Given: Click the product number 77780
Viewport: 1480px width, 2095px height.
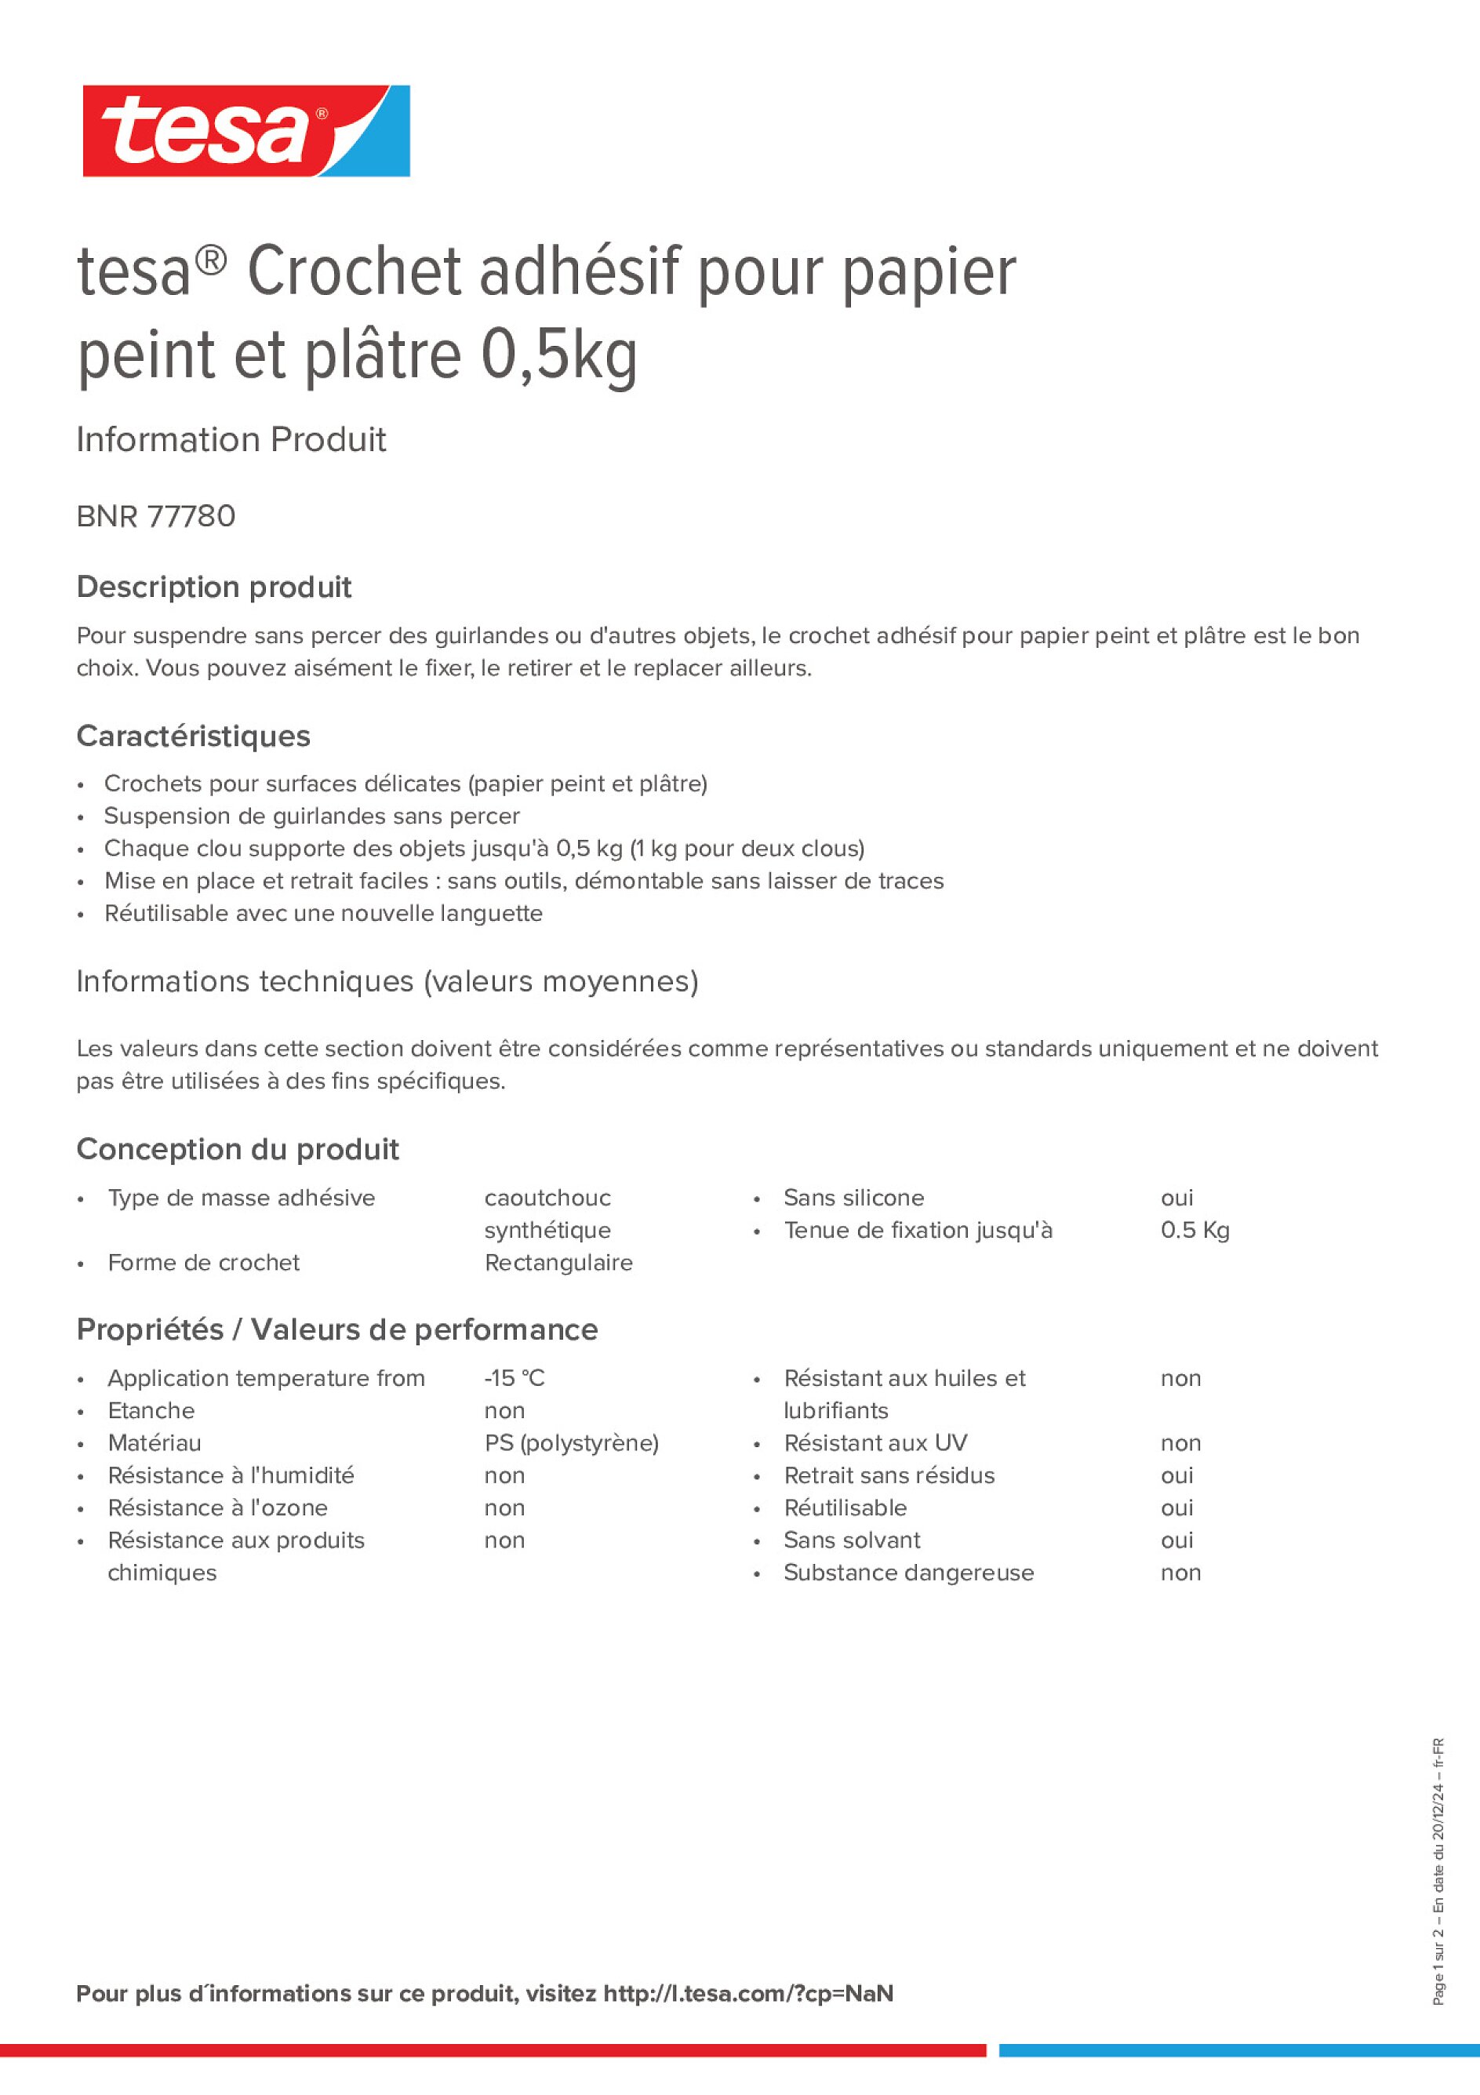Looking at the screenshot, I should (191, 516).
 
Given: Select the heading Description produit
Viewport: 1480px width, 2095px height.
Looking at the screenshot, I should (213, 587).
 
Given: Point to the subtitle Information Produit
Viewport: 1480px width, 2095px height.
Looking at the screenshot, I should (231, 440).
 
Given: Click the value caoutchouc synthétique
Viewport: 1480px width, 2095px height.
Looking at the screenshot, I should (547, 1213).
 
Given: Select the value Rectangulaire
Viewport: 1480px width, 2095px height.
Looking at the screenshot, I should (558, 1262).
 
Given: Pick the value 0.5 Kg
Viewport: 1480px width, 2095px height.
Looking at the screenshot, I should (1195, 1230).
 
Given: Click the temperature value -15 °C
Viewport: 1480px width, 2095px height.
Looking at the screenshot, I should (514, 1378).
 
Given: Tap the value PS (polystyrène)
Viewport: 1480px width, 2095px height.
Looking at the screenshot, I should (571, 1442).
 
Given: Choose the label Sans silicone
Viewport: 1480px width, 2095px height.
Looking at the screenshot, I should (853, 1197).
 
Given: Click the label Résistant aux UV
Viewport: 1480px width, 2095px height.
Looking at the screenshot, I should (875, 1442).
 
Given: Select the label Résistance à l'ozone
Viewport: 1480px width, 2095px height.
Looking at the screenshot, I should (217, 1508).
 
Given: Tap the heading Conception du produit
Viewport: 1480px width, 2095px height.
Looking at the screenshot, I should (237, 1149).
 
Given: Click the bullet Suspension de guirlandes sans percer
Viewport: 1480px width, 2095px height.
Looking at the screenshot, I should (311, 816).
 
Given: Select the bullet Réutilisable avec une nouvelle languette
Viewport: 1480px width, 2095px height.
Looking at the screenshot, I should (323, 913).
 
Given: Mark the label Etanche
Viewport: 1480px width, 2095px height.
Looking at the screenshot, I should (151, 1411).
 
